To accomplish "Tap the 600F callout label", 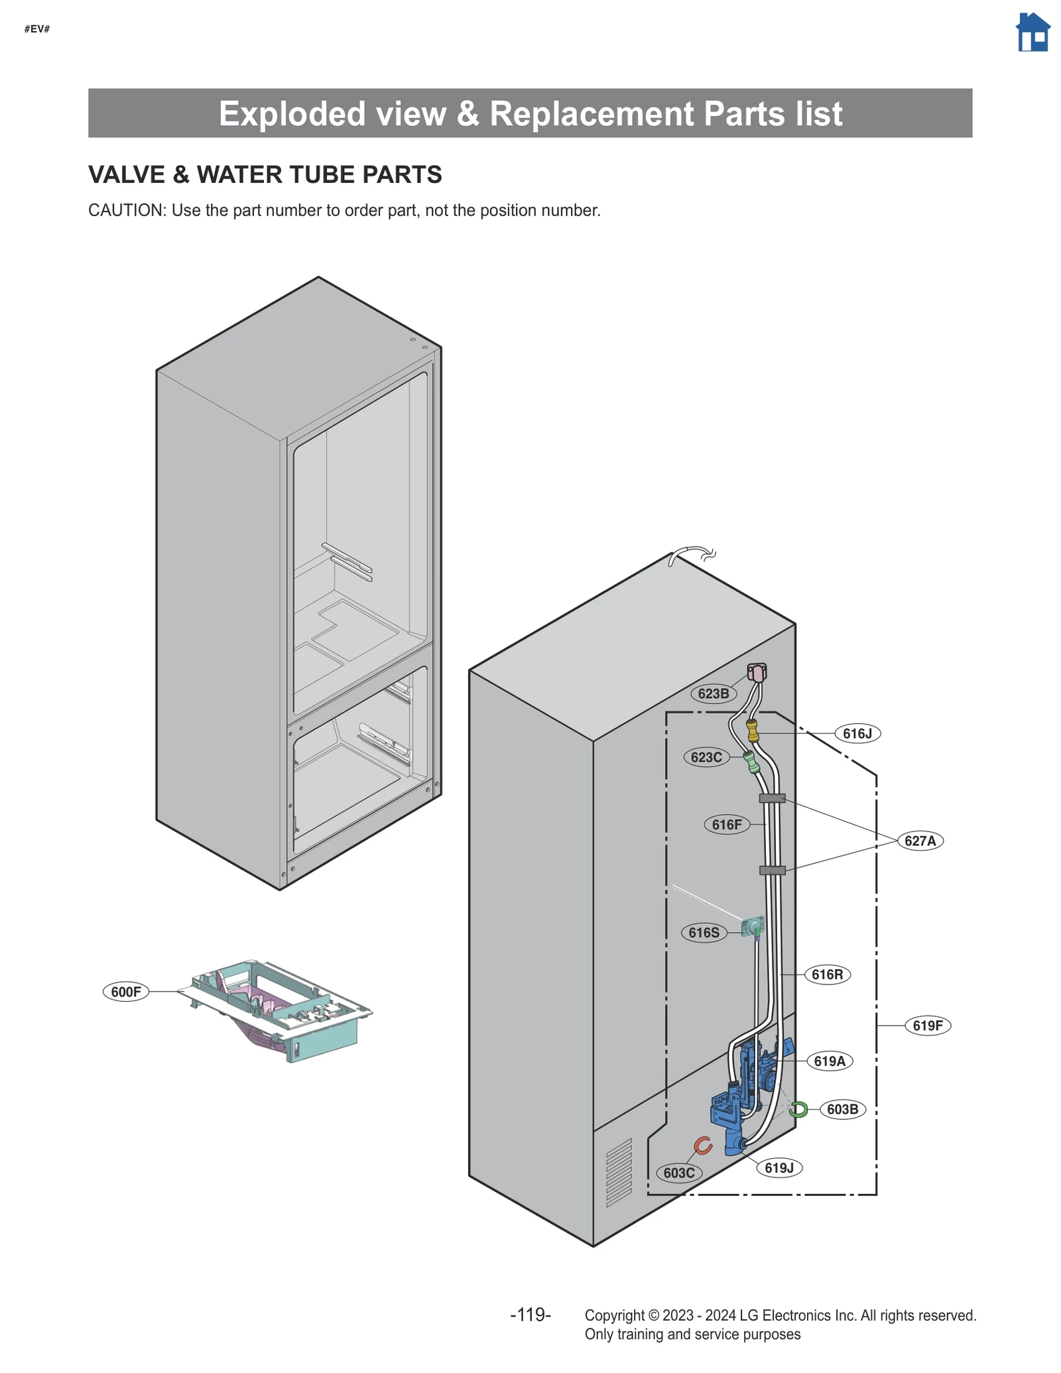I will (126, 992).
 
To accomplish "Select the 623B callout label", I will (713, 693).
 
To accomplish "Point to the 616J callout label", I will (857, 733).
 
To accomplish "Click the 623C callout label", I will (706, 757).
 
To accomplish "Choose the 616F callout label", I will (727, 825).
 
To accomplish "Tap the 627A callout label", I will (920, 841).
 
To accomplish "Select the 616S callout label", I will (704, 933).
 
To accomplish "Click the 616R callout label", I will (828, 975).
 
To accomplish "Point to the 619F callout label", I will (928, 1026).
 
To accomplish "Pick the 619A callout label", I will (830, 1061).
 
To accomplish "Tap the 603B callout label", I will (843, 1109).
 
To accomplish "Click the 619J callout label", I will (779, 1167).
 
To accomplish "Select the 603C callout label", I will (679, 1173).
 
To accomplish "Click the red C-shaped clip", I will (703, 1145).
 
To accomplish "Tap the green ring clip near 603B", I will (798, 1109).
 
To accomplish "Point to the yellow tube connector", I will (753, 731).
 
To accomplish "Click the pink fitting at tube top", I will (757, 673).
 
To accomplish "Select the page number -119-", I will (530, 1315).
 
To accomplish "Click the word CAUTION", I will (126, 210).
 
